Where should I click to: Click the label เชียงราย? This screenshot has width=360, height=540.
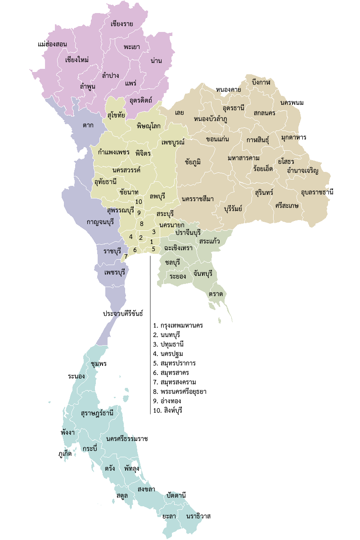point(121,24)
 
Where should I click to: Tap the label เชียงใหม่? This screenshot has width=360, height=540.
point(76,60)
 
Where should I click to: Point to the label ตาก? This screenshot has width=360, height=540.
point(88,125)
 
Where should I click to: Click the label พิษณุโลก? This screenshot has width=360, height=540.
point(148,126)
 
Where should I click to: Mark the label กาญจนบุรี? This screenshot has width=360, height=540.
point(100,222)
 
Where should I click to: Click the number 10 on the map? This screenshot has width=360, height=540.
point(139,202)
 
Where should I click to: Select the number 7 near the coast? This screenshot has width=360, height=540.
point(126,256)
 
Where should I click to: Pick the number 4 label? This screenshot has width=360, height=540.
point(131,237)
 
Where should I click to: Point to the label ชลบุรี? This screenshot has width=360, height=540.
point(172,262)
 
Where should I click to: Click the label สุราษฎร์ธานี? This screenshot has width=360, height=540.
point(97,413)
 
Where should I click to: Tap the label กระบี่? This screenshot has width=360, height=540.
point(90,449)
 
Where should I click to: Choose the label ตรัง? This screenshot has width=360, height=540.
point(109,468)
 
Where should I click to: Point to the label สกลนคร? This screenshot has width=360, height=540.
point(264,112)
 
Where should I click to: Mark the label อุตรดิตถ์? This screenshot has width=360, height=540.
point(141,99)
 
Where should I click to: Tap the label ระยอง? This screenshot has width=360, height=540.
point(178,276)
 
